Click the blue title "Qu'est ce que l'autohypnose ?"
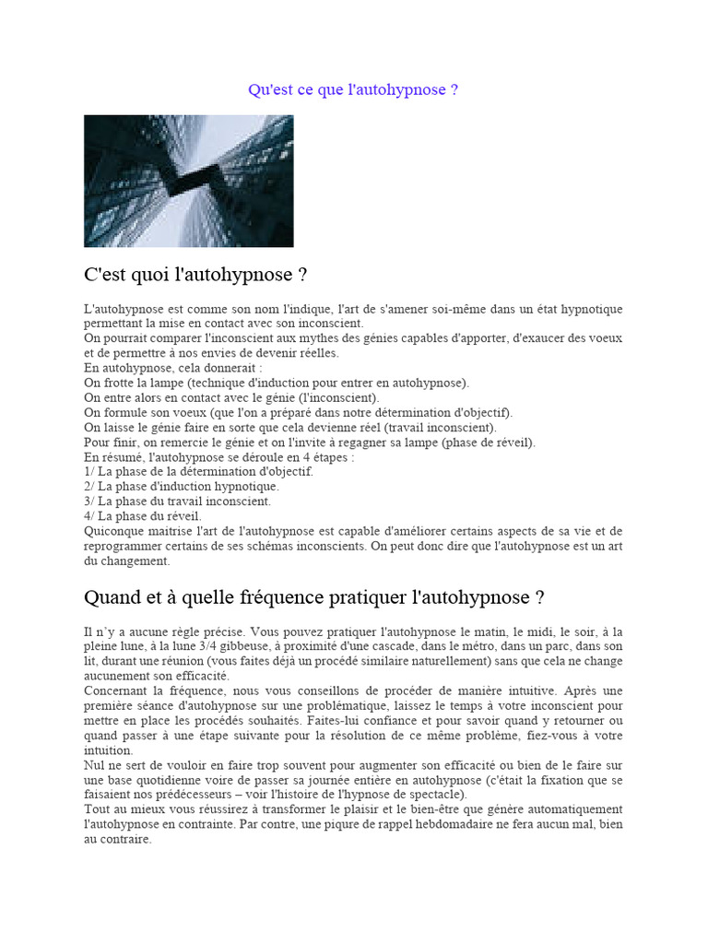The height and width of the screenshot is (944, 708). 353,90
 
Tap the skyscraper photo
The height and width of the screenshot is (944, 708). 188,181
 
